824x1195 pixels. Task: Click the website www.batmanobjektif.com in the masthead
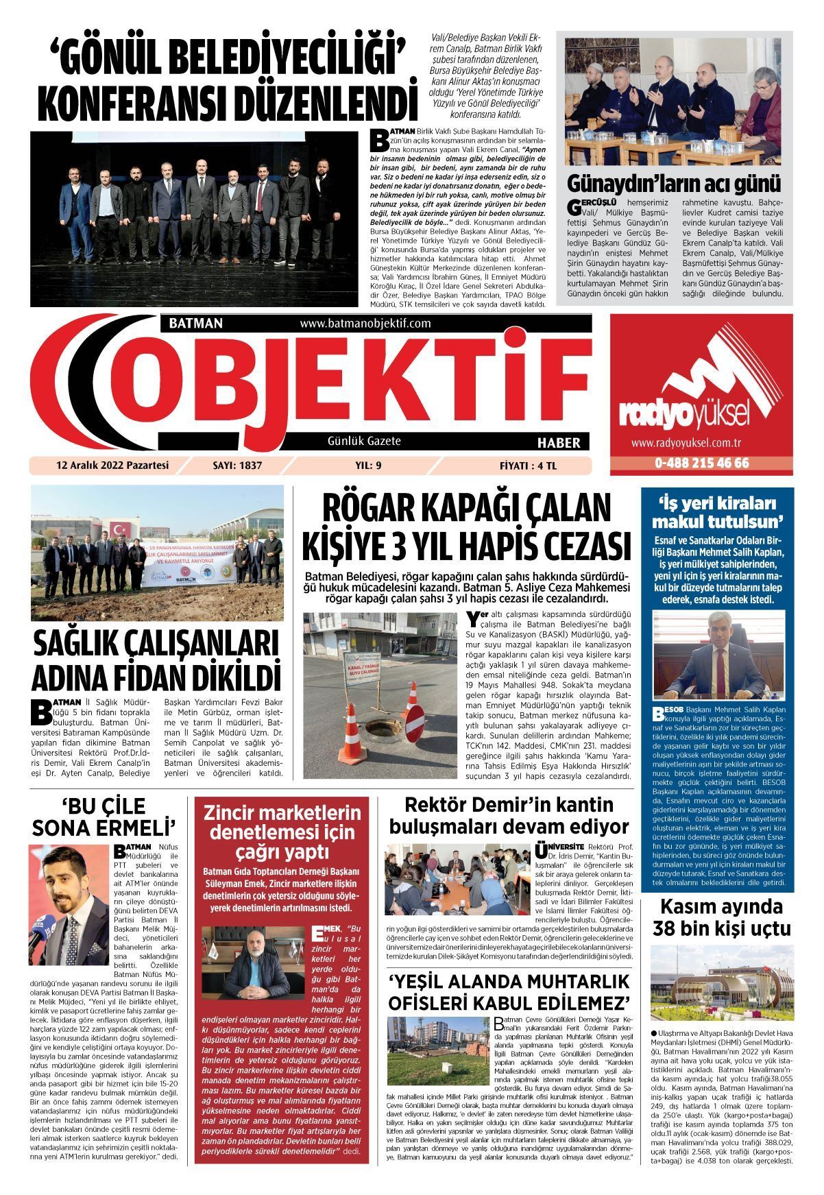365,323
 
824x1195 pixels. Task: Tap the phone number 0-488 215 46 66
701,463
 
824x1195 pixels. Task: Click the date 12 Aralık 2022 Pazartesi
112,466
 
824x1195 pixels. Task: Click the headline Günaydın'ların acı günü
674,184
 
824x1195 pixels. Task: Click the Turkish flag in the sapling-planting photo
121,530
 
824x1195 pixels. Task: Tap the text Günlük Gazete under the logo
364,441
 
